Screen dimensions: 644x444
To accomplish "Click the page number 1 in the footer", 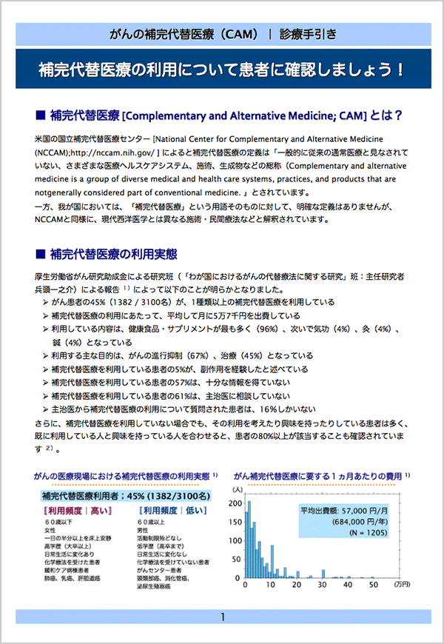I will click(x=222, y=617).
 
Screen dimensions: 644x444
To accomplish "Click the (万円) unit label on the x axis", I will click(x=405, y=585).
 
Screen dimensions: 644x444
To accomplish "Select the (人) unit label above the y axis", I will click(x=238, y=489).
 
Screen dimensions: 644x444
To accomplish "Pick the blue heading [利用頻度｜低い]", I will click(x=171, y=511).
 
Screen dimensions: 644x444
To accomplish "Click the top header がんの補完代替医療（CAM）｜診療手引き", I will click(x=222, y=33).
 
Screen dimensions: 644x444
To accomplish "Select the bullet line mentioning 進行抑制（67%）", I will click(x=182, y=356).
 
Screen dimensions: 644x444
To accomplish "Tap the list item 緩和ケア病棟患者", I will click(x=68, y=570).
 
